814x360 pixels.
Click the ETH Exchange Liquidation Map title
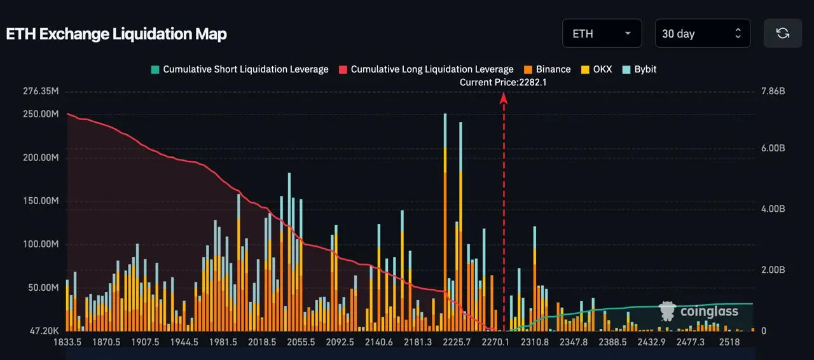(116, 34)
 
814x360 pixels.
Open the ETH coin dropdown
(601, 34)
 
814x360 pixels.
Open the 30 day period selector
(702, 34)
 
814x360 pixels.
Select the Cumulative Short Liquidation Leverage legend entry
(239, 69)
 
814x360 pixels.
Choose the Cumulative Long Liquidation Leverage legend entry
(425, 69)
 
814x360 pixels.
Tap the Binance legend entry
(547, 69)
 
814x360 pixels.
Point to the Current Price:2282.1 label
(503, 82)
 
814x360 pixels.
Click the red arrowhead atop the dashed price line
(504, 98)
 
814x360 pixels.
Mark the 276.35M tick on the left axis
(41, 92)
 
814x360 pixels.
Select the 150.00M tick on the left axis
(41, 201)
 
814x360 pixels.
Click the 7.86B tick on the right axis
(773, 92)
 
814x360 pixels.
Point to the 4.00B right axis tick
(773, 209)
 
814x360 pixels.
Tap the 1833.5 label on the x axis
(67, 342)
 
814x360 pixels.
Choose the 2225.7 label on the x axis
(456, 342)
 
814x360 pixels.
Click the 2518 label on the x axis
(729, 342)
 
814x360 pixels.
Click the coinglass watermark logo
(699, 311)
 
